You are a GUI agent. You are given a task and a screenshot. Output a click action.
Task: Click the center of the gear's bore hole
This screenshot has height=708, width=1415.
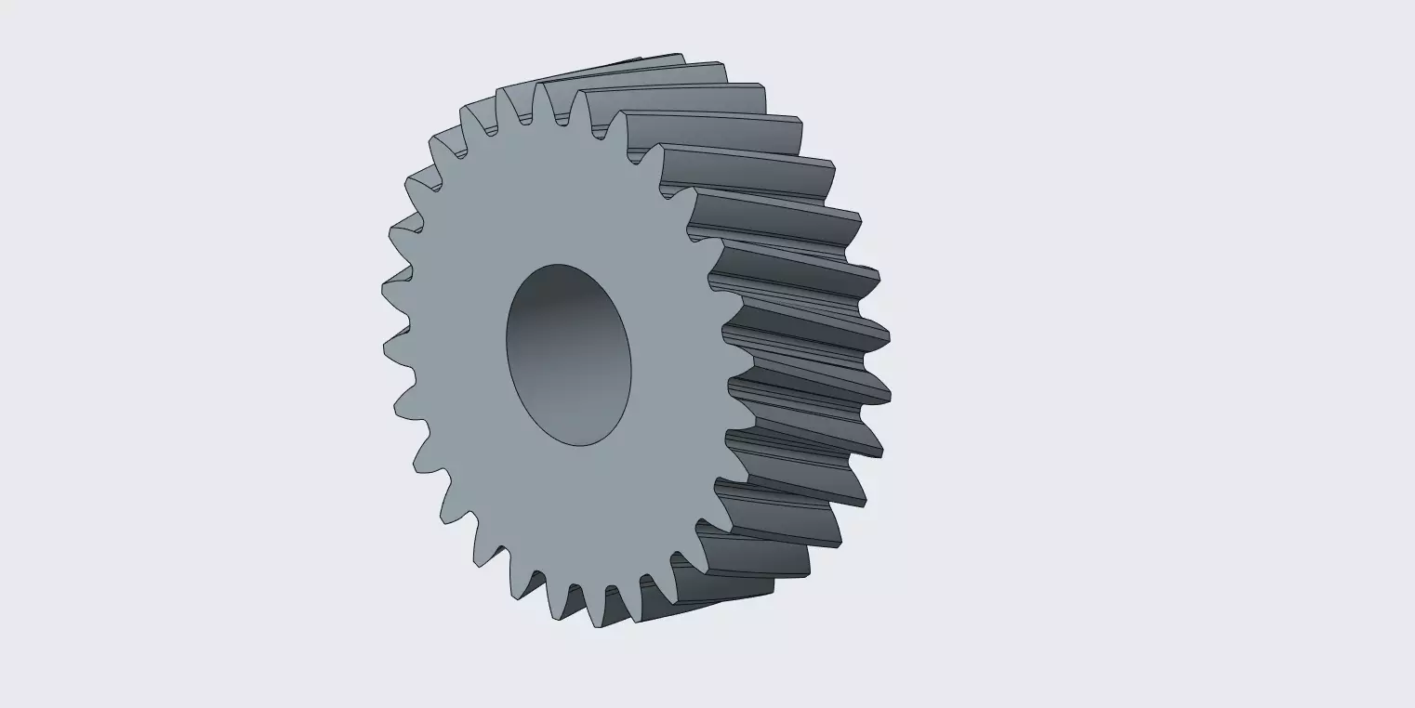coord(569,355)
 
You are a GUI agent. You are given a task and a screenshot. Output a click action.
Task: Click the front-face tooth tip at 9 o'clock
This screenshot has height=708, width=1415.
coord(383,349)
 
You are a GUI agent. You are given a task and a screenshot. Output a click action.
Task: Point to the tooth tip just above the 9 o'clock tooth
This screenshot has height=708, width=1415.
coord(382,289)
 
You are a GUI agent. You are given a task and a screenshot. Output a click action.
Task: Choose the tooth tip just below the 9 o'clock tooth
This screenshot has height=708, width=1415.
coord(395,409)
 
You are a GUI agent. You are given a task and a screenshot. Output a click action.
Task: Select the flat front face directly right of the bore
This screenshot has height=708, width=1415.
coord(679,372)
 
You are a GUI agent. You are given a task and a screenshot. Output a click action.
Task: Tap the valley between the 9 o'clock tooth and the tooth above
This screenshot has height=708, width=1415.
coord(409,321)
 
